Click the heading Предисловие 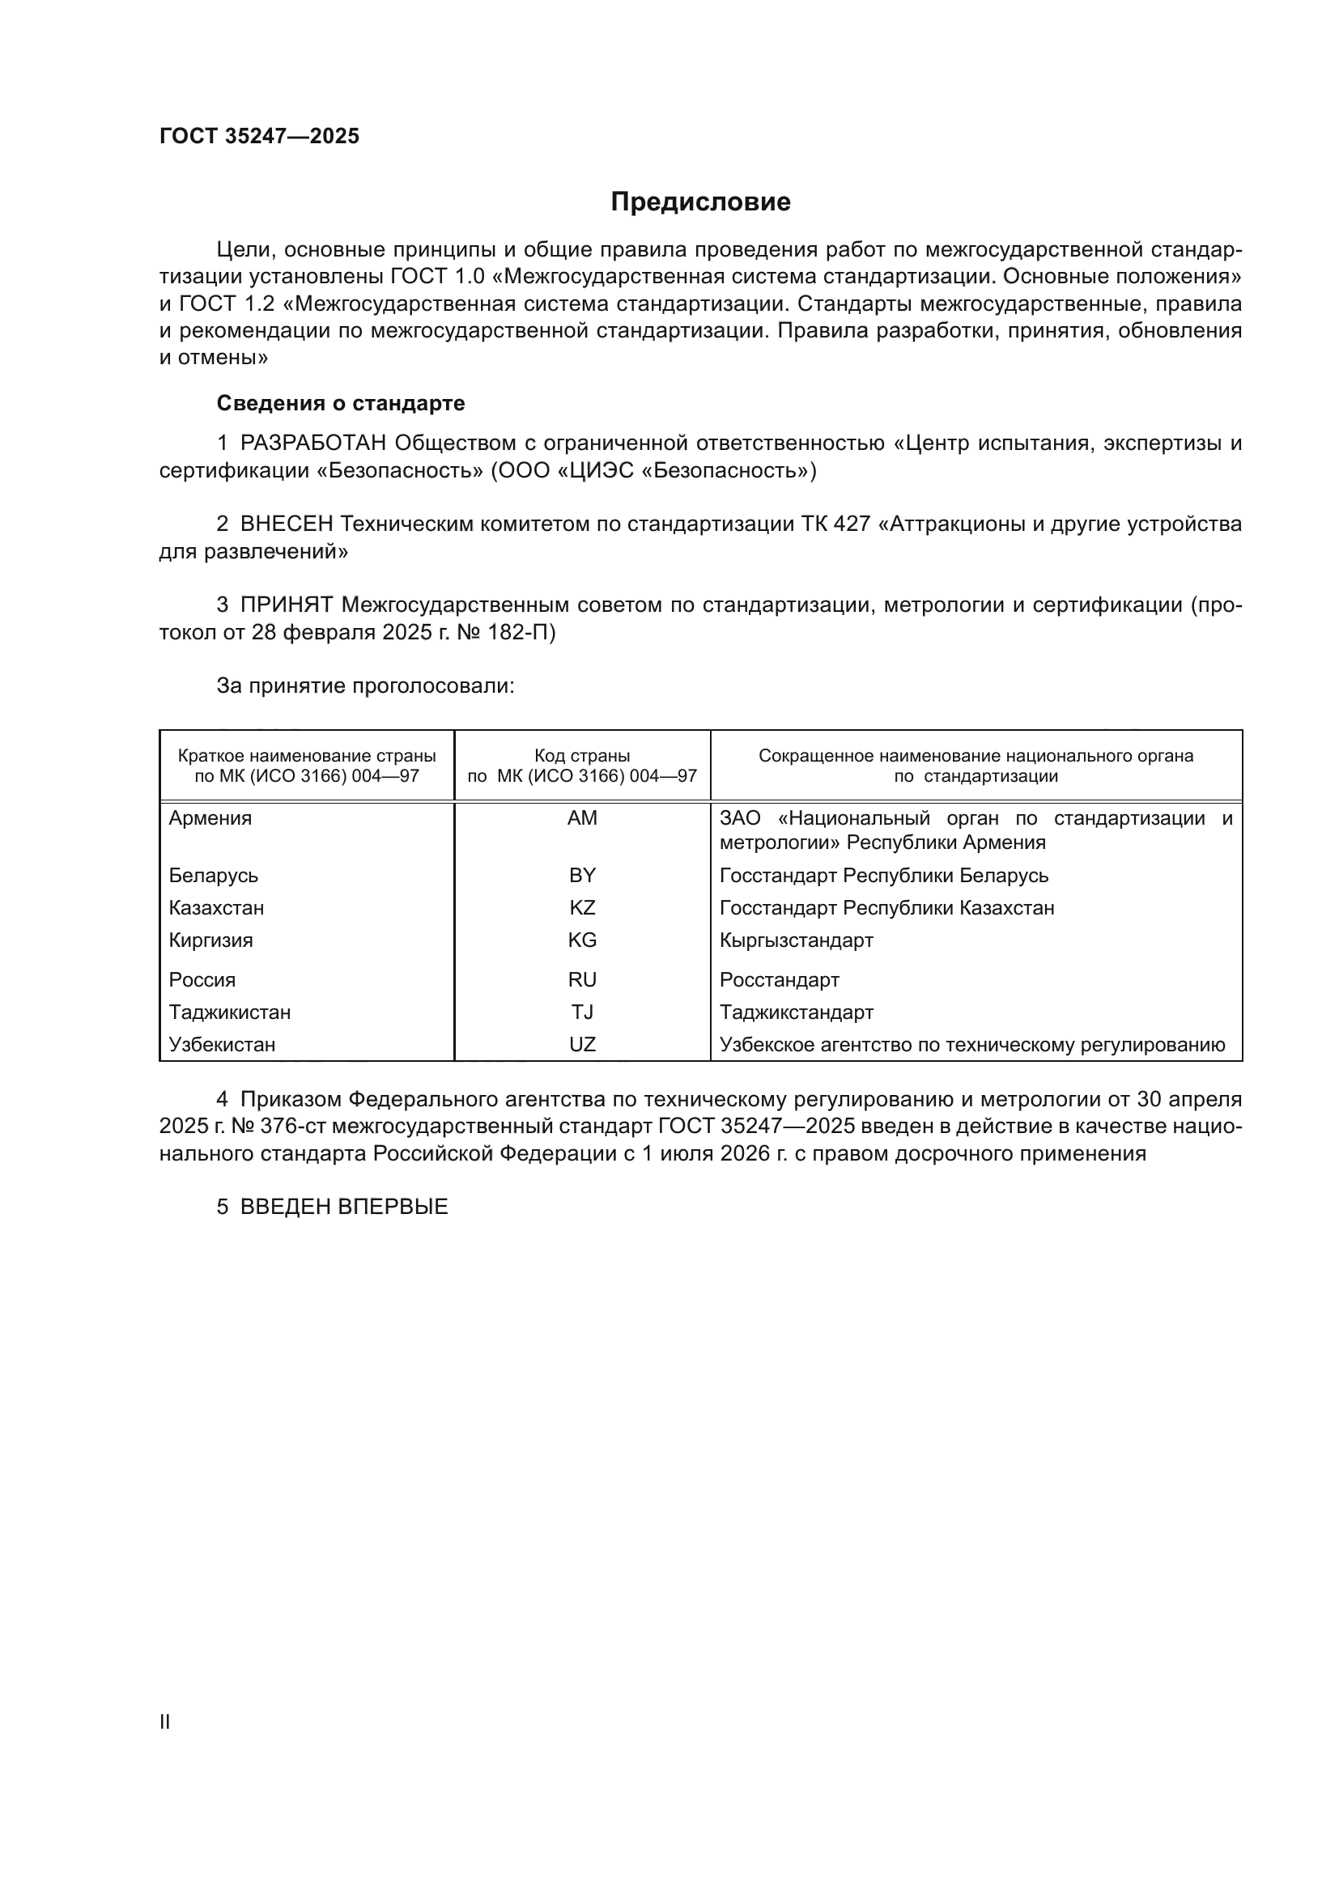click(700, 202)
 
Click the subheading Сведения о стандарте click(341, 403)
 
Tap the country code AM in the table click(582, 819)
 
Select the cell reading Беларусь click(214, 876)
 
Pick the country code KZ click(582, 908)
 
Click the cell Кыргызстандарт click(796, 940)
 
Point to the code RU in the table click(582, 980)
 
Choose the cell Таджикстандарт click(796, 1012)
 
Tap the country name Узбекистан click(222, 1045)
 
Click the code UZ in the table click(582, 1045)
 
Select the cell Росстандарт click(779, 980)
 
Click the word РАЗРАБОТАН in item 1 click(313, 444)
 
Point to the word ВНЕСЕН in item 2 click(286, 524)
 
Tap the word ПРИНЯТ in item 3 click(286, 605)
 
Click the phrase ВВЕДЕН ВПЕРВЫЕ click(344, 1207)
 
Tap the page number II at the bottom click(165, 1721)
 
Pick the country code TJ click(582, 1012)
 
